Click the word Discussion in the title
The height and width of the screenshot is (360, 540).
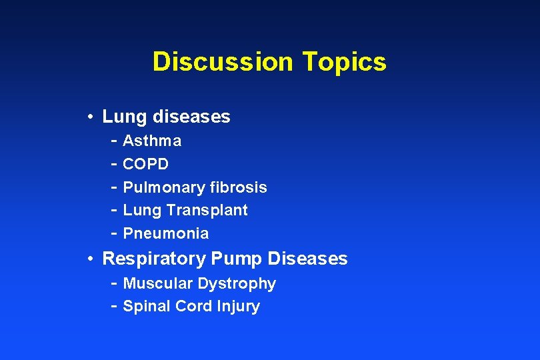click(223, 62)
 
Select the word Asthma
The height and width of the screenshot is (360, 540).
click(152, 141)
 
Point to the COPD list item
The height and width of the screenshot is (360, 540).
click(146, 164)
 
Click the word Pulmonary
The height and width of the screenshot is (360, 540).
click(164, 187)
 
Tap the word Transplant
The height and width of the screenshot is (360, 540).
click(207, 211)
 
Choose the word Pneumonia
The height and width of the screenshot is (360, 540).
click(166, 234)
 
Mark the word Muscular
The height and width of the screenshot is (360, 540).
click(157, 284)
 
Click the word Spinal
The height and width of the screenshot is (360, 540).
click(147, 307)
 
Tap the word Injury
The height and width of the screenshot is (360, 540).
click(238, 307)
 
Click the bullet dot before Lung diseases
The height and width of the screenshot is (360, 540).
click(89, 117)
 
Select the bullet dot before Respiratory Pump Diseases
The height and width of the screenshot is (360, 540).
click(89, 259)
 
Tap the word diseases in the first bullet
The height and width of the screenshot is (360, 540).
click(191, 117)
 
